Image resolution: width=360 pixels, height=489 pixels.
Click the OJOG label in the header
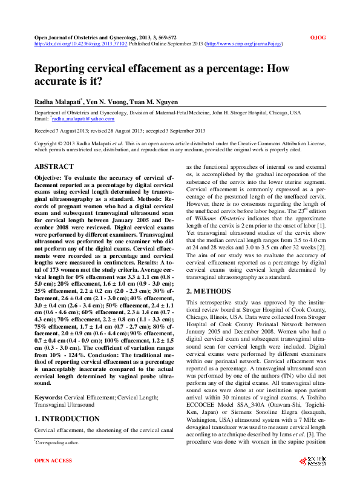(318, 38)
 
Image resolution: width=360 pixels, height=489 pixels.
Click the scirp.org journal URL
(245, 44)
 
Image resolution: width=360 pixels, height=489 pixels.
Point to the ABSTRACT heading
(54, 166)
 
